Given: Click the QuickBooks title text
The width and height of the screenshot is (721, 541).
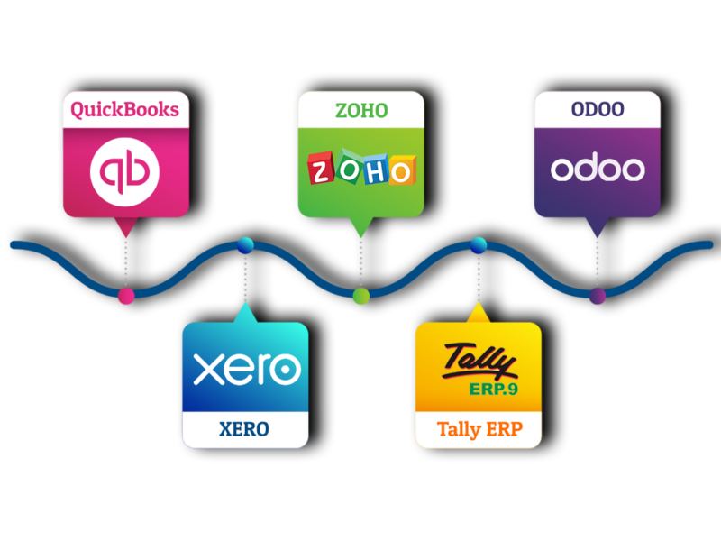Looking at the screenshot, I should (124, 111).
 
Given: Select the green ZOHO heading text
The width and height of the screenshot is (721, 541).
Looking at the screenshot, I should (360, 111).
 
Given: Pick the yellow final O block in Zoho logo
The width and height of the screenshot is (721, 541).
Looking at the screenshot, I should (402, 169).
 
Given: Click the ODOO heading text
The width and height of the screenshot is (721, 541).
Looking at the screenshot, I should (597, 110).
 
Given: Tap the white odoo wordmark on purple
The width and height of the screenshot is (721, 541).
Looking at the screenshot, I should (597, 169).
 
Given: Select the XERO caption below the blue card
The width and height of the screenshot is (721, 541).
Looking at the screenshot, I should (244, 429).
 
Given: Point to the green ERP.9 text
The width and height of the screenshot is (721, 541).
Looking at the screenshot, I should (493, 390).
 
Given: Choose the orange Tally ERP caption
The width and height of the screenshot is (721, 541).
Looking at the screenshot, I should (478, 429).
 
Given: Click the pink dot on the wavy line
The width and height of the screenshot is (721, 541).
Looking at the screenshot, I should (126, 296).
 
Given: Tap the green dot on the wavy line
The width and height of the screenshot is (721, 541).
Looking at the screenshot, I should (360, 296).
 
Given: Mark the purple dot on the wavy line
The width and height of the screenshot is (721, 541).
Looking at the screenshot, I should (597, 296).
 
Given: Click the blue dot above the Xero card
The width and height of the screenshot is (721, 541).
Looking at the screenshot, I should (244, 244).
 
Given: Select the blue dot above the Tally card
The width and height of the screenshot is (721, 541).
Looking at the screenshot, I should (478, 244).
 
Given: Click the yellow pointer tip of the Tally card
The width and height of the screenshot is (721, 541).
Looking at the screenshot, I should (478, 311).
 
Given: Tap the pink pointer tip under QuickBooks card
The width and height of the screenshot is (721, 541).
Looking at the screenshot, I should (125, 229).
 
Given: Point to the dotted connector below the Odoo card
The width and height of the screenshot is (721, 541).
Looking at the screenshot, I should (597, 266).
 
